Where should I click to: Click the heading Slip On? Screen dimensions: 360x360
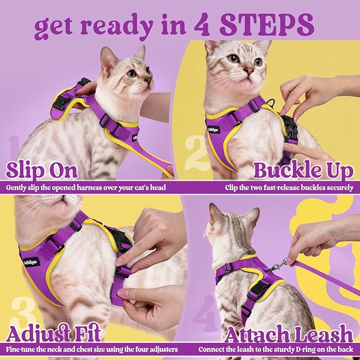(x=41, y=171)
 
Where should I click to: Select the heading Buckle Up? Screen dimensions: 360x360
(x=303, y=171)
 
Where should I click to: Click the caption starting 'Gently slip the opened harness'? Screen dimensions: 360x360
(x=88, y=187)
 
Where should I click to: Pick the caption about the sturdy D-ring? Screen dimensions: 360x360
(x=276, y=350)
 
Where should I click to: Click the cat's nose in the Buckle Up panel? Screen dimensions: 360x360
(x=248, y=71)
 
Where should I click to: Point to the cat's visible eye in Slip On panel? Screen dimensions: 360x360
(x=131, y=74)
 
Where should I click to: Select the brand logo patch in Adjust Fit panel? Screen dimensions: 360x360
(x=29, y=261)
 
